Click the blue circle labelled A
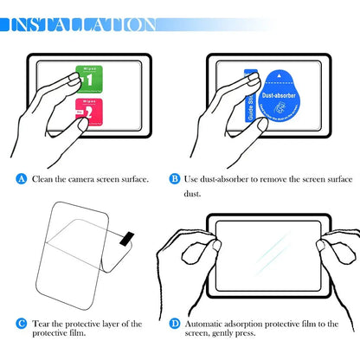(22, 179)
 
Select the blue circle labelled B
(175, 179)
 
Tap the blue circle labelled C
(22, 324)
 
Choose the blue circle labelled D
(175, 324)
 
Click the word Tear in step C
(42, 324)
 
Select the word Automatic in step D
(210, 324)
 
